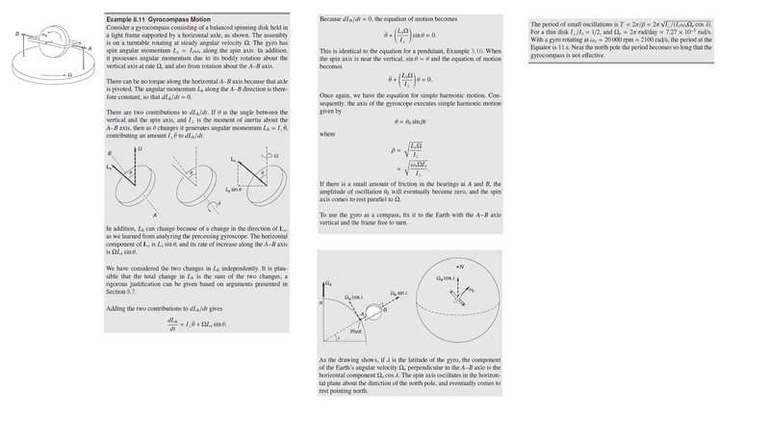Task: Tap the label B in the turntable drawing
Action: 7,38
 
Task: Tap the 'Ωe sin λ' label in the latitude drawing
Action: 398,292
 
